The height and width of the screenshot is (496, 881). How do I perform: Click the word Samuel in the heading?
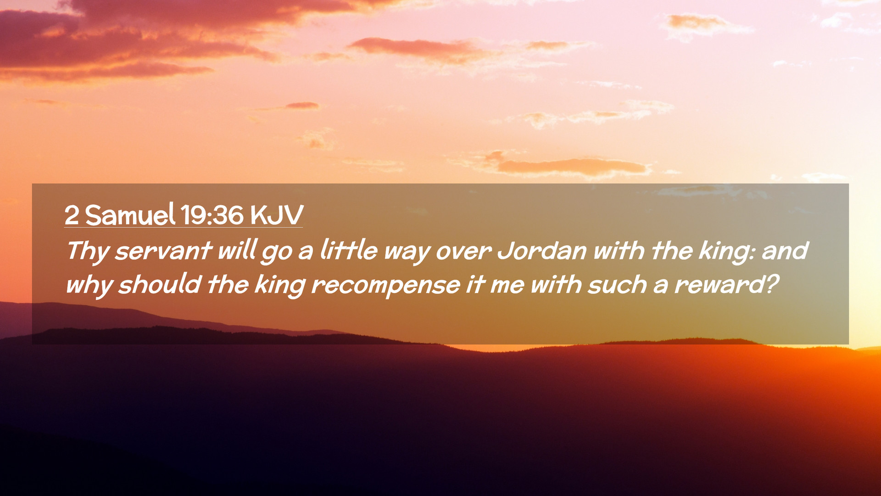(130, 214)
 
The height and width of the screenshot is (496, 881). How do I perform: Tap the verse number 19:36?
(212, 215)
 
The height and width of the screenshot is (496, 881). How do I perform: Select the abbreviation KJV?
(277, 215)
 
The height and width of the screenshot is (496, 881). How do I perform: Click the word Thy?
(88, 252)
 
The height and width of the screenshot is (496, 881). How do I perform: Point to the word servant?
(163, 252)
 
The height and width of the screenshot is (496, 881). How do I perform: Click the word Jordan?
(542, 251)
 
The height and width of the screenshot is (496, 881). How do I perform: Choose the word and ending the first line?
(785, 251)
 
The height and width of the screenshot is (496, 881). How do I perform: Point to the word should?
(160, 284)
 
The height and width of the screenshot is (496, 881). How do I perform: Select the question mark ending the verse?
(773, 284)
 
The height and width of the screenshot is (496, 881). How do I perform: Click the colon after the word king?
(752, 254)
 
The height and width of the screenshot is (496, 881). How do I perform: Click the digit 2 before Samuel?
(72, 215)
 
